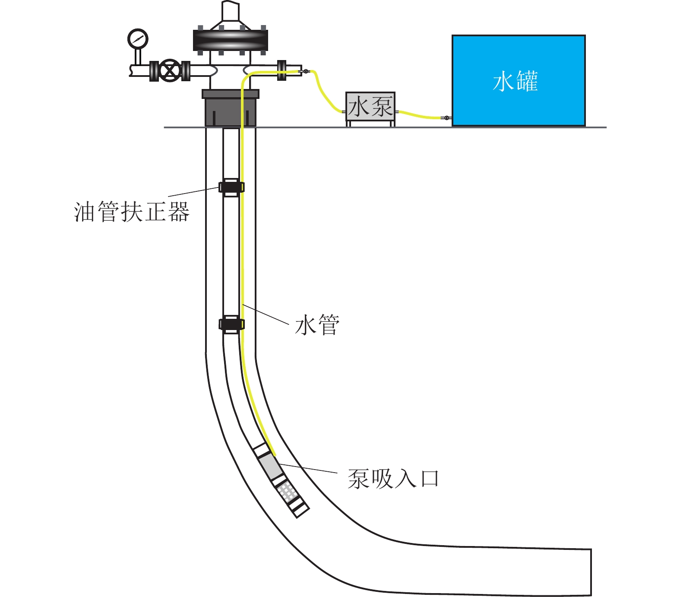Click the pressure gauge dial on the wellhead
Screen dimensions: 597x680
coord(138,39)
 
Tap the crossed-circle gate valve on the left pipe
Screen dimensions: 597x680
coord(170,70)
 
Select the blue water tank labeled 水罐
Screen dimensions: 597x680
coord(518,81)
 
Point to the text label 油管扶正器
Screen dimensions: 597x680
coord(132,212)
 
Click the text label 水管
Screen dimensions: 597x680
coord(317,325)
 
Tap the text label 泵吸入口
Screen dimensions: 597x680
coord(393,479)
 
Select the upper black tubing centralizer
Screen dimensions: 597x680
coord(231,187)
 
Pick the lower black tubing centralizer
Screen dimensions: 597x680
coord(231,324)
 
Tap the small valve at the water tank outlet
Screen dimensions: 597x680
coord(446,117)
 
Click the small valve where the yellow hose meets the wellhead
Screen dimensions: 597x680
coord(306,71)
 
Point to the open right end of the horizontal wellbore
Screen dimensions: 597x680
coord(590,572)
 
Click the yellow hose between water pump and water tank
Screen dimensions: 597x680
coord(419,115)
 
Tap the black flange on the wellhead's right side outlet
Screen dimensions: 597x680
coord(281,70)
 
